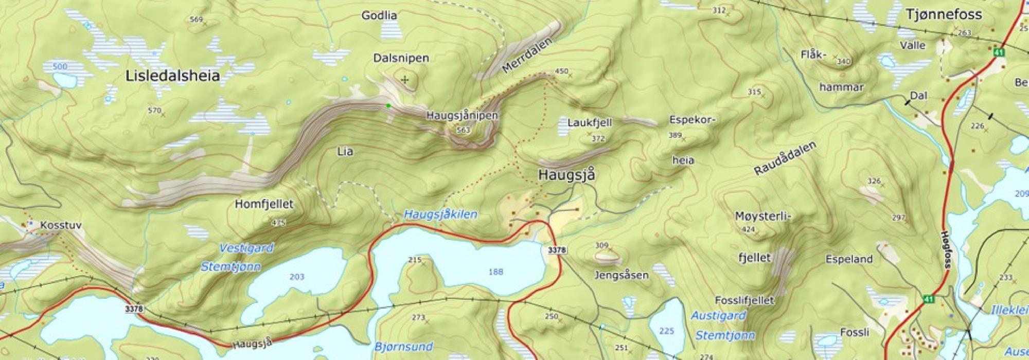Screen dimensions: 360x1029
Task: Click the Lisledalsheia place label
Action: (x=172, y=76)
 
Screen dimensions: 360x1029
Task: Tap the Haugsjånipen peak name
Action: (x=462, y=116)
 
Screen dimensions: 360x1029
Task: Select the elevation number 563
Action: (x=463, y=130)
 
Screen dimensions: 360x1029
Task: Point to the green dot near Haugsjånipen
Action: (x=388, y=105)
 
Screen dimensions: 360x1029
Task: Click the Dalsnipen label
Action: (x=401, y=58)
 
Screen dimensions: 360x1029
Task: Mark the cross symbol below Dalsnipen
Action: (x=405, y=80)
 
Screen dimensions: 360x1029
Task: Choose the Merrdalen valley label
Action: (x=525, y=56)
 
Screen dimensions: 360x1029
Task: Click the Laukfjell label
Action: (x=589, y=122)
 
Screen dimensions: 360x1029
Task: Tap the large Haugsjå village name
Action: (x=566, y=175)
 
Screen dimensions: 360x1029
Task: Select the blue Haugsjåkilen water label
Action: (x=440, y=214)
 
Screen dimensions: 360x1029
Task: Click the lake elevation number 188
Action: (x=495, y=272)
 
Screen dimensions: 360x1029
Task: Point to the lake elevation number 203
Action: (x=297, y=277)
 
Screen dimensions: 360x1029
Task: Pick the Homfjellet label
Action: (x=264, y=204)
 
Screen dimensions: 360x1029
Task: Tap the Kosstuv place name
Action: (x=61, y=226)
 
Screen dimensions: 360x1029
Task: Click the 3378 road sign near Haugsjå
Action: (x=557, y=250)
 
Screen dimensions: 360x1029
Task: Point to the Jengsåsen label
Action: (x=621, y=275)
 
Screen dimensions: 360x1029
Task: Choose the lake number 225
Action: (x=666, y=331)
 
